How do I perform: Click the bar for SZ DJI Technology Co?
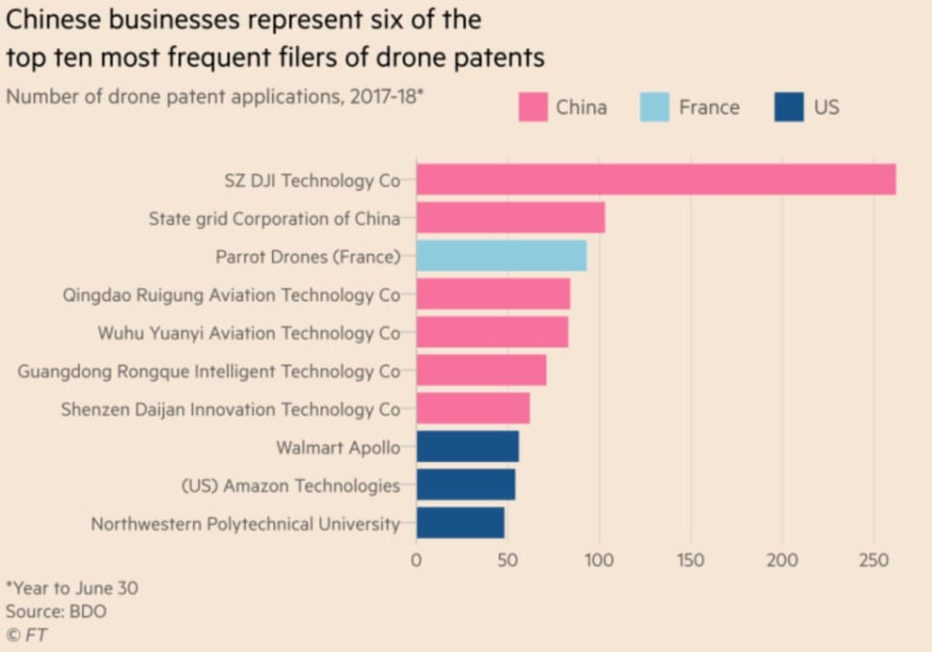tap(656, 179)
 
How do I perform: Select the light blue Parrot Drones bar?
tap(501, 256)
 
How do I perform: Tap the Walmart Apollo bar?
tap(467, 447)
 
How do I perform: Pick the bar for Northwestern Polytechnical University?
tap(460, 523)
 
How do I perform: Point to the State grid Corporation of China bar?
tap(510, 218)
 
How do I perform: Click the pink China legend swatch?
tap(533, 107)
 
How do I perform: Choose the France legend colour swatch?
tap(654, 107)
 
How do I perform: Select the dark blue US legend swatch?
tap(788, 107)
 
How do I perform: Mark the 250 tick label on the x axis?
tap(873, 560)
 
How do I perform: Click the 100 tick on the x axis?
tap(599, 560)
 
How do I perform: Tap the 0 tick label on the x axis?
tap(417, 560)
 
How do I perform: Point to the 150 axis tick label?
tap(691, 560)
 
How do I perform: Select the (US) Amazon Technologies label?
tap(290, 485)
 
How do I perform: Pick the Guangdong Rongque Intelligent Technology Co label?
tap(208, 371)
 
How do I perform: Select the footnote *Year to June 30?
tap(71, 587)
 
